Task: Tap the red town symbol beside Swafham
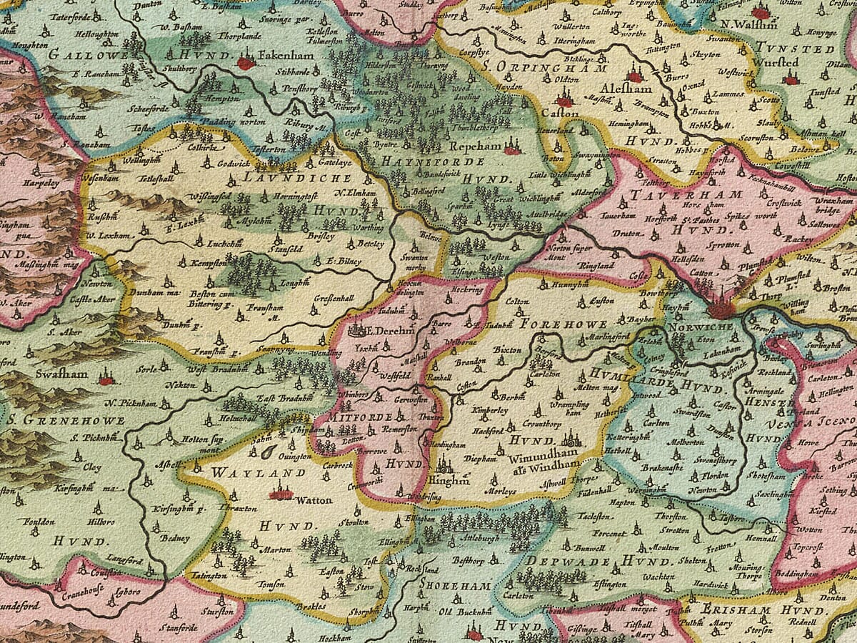coord(106,380)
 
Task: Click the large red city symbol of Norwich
coord(721,309)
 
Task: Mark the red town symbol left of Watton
coord(280,493)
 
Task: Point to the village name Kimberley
coord(489,411)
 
